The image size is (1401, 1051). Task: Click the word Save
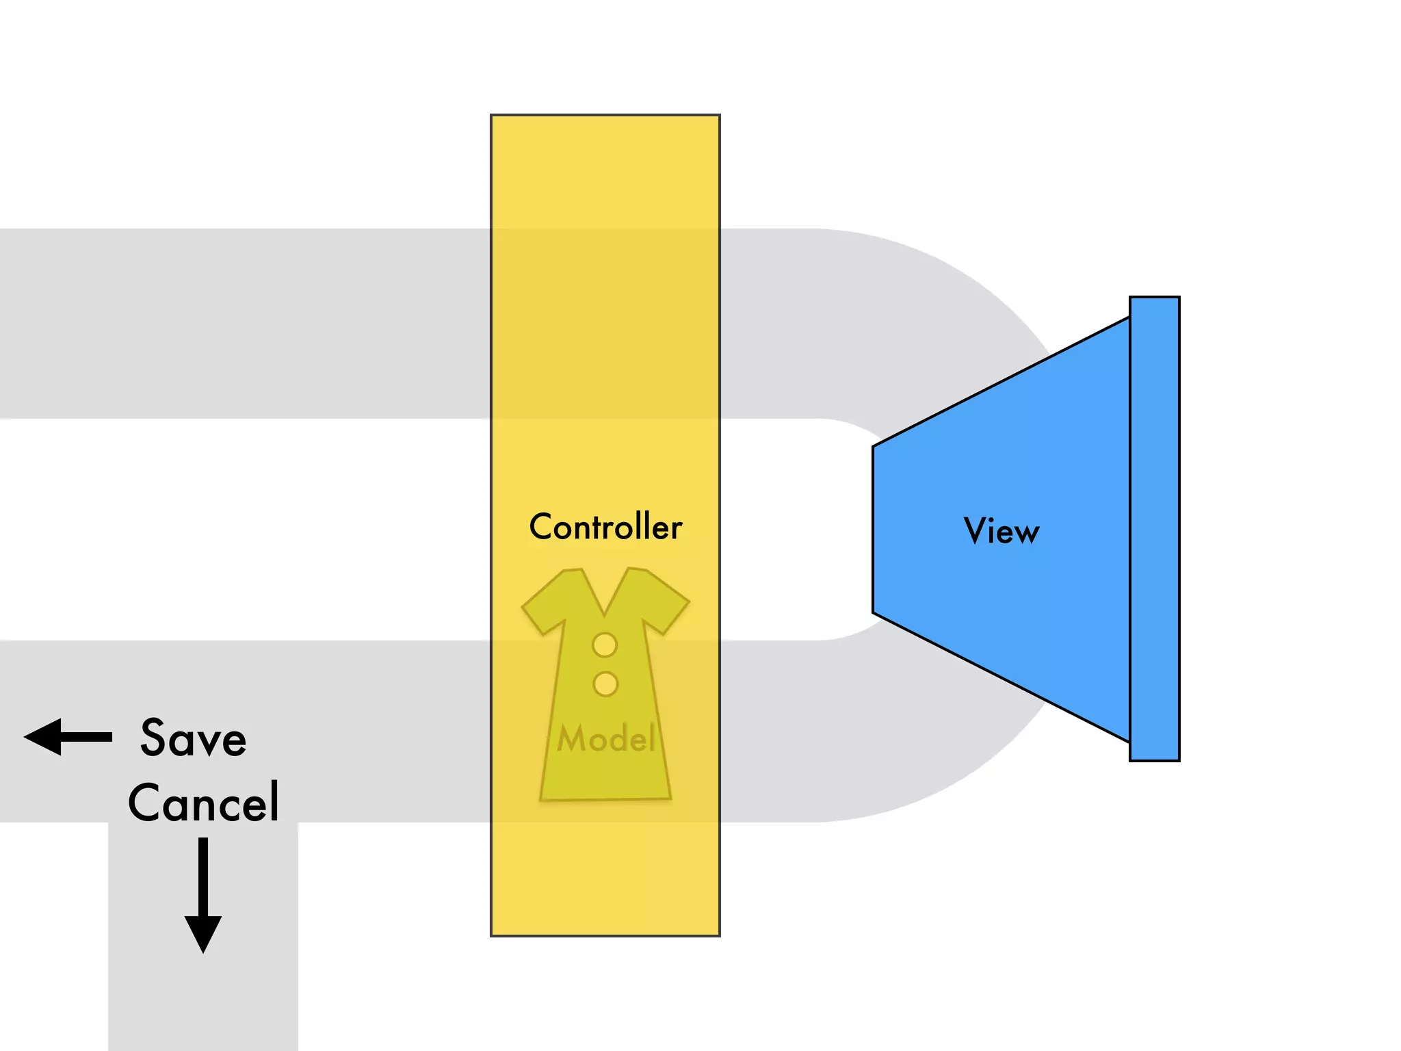[193, 738]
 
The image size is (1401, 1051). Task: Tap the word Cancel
[203, 802]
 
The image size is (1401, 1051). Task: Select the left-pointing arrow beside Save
[68, 737]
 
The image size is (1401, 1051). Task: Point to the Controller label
[605, 527]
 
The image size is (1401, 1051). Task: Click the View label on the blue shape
[1001, 531]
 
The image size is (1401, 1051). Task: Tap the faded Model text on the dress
[606, 739]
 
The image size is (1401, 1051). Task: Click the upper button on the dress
[605, 645]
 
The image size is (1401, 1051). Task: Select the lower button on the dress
[605, 684]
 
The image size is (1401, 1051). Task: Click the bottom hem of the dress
[605, 796]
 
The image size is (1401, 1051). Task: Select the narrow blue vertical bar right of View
[1155, 528]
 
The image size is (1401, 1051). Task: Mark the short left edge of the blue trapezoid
[874, 530]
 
